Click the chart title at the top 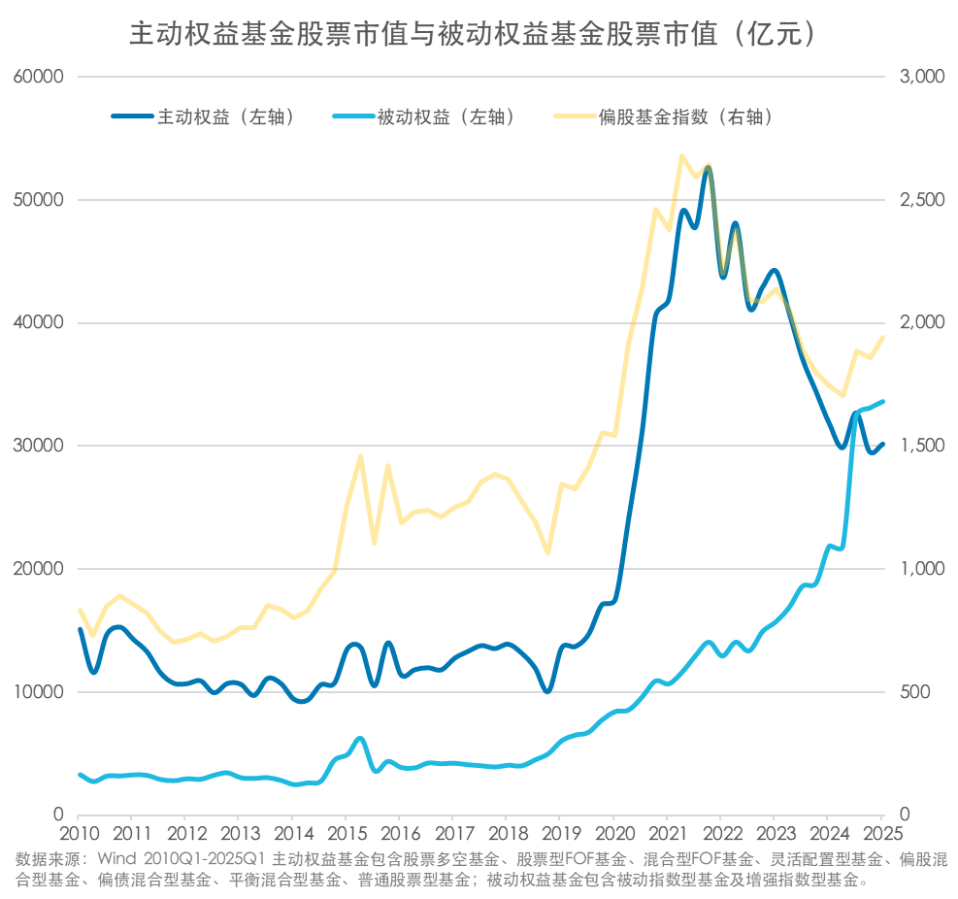click(x=479, y=34)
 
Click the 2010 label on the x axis click(x=79, y=834)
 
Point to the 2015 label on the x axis click(x=346, y=834)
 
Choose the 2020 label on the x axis click(x=613, y=834)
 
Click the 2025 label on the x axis click(x=880, y=834)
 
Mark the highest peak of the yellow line click(x=681, y=155)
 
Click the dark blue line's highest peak click(x=708, y=168)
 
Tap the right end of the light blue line click(x=882, y=401)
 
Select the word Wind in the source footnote click(x=114, y=859)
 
